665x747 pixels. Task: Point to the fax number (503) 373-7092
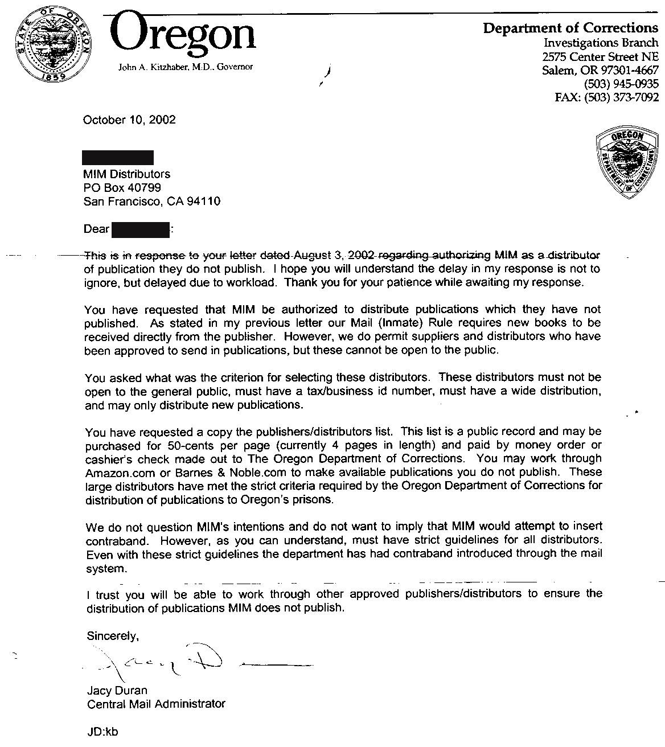click(625, 97)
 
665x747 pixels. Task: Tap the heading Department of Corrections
click(570, 28)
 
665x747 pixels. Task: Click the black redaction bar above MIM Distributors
click(118, 157)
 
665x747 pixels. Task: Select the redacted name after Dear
click(141, 229)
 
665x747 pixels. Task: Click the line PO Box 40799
click(122, 187)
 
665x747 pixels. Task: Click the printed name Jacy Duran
click(117, 690)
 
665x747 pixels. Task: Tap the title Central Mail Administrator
click(156, 704)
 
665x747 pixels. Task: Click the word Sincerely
click(113, 635)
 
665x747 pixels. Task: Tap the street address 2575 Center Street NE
click(600, 56)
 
